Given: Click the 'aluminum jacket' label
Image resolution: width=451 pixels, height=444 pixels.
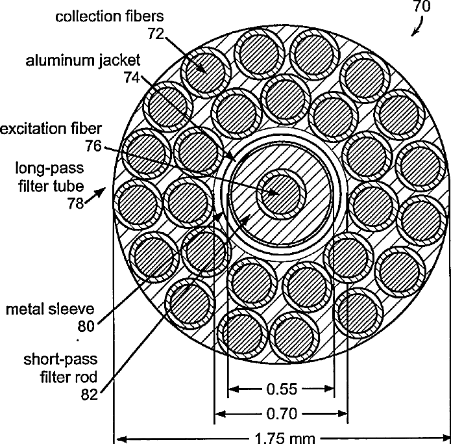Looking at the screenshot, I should (x=82, y=60).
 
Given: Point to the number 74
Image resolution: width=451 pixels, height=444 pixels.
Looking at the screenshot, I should (x=132, y=77).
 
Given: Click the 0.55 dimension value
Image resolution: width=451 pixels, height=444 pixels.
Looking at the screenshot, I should (x=282, y=389).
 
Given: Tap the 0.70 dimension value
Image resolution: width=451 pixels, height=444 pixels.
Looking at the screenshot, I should (x=282, y=412).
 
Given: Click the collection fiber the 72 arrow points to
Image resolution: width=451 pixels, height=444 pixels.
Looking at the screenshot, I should (x=206, y=68).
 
